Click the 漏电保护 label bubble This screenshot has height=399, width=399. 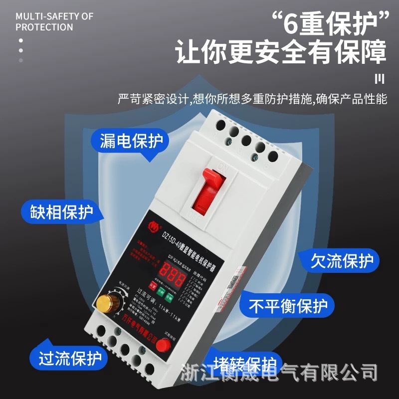point(131,141)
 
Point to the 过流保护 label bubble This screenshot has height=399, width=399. point(70,358)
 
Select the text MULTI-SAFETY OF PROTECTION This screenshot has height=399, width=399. point(54,21)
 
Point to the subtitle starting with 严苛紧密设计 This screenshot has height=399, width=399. point(252,99)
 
